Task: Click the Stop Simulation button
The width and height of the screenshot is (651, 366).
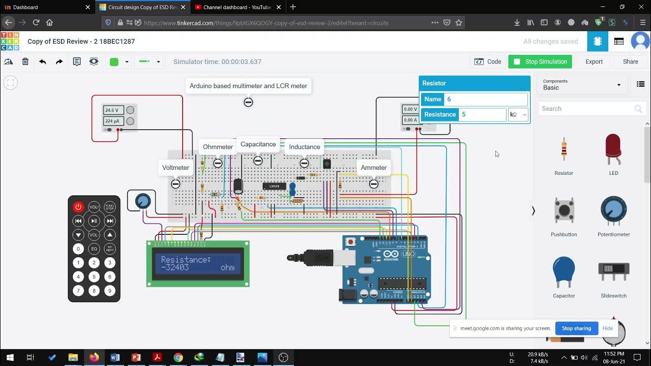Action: (540, 62)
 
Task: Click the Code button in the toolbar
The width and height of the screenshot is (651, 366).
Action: (488, 62)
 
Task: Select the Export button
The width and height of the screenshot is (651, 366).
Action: (594, 62)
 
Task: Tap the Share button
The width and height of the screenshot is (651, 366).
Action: (630, 62)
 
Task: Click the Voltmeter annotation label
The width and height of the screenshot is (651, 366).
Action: (175, 168)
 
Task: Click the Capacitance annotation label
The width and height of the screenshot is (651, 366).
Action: (258, 144)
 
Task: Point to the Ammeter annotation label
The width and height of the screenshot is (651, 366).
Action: (373, 168)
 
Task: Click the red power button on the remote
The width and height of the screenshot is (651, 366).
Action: (78, 207)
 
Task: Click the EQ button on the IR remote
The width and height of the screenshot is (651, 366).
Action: (94, 249)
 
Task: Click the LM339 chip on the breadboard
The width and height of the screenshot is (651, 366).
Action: (274, 186)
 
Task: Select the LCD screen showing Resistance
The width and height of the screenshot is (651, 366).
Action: (198, 263)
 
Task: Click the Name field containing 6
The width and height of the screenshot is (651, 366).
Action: (485, 99)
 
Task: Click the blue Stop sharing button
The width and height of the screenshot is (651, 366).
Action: (576, 328)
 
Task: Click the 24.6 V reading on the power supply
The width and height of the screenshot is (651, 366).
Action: (113, 110)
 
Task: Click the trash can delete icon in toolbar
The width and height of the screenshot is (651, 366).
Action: (25, 62)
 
